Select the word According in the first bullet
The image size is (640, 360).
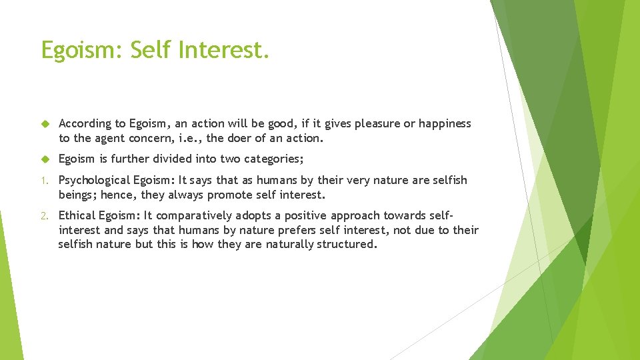click(x=85, y=123)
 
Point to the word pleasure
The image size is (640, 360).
click(x=378, y=123)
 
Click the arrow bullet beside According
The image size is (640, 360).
click(x=45, y=124)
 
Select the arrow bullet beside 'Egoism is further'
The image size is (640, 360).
click(x=45, y=159)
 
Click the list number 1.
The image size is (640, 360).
click(x=45, y=181)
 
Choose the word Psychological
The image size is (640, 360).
click(x=95, y=180)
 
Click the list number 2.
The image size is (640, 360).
click(x=45, y=216)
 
